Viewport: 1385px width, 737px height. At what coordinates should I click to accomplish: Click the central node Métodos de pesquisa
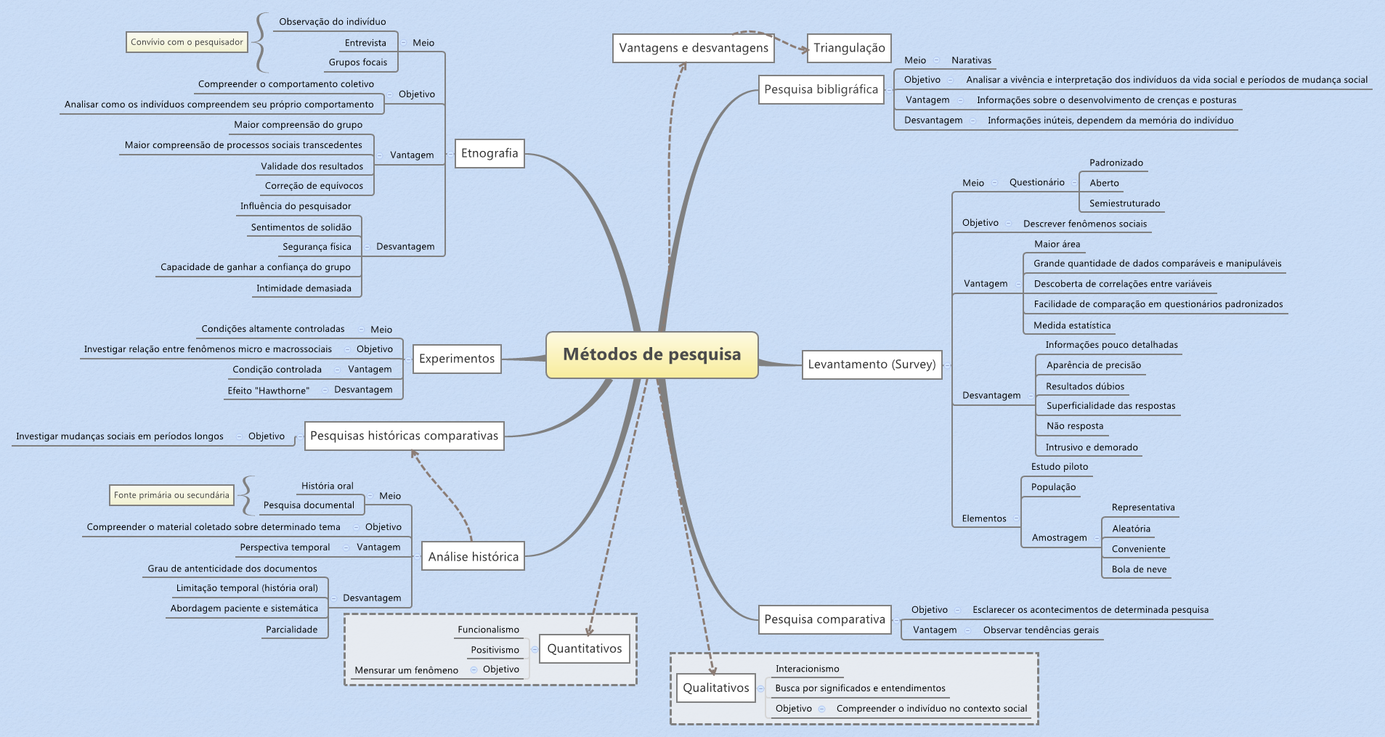tap(651, 354)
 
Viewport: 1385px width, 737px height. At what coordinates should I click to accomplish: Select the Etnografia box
tap(490, 153)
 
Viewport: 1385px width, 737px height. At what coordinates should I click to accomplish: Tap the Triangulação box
tap(849, 48)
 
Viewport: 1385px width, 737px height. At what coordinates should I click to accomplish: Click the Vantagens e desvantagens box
tap(693, 48)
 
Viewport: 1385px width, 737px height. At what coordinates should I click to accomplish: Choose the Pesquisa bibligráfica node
tap(821, 89)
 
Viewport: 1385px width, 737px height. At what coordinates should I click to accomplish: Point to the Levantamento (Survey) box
tap(872, 365)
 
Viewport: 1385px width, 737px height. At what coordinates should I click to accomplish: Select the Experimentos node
tap(456, 359)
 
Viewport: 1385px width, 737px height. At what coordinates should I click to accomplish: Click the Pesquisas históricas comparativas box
tap(404, 436)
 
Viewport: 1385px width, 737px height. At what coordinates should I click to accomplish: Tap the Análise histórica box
tap(473, 557)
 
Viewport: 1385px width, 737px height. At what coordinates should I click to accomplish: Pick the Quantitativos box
tap(585, 648)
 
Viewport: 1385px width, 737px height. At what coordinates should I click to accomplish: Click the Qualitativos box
tap(715, 688)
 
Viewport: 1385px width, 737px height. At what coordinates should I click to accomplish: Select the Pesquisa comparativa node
tap(824, 619)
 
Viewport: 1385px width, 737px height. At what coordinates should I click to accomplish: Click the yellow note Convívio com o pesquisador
tap(187, 42)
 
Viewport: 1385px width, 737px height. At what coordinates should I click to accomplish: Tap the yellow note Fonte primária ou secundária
tap(171, 495)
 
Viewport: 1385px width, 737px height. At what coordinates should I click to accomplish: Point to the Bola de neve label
tap(1139, 569)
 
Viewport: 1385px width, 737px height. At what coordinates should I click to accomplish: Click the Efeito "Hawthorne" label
tap(268, 391)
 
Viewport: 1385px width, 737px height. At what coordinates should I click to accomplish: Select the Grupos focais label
tap(357, 62)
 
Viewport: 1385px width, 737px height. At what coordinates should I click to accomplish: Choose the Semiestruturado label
tap(1124, 203)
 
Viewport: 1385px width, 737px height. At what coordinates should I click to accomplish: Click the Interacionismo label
tap(807, 669)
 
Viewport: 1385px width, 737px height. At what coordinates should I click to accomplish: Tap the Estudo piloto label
tap(1059, 467)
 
